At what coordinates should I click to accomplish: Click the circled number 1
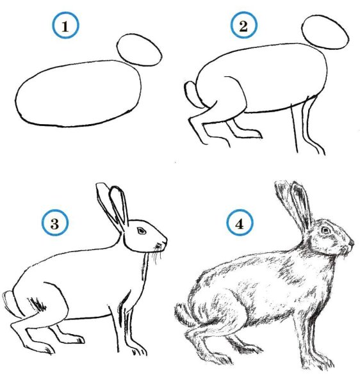point(65,26)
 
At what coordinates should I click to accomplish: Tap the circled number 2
point(243,25)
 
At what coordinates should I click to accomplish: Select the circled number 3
point(55,223)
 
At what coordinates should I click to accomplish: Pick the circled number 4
point(240,223)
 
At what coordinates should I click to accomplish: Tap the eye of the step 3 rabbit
point(142,230)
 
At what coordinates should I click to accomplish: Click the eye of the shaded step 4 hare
point(325,230)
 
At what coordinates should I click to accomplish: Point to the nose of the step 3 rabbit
point(165,241)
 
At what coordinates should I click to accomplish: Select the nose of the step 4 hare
point(352,243)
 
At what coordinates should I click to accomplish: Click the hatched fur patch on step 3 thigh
point(38,304)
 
